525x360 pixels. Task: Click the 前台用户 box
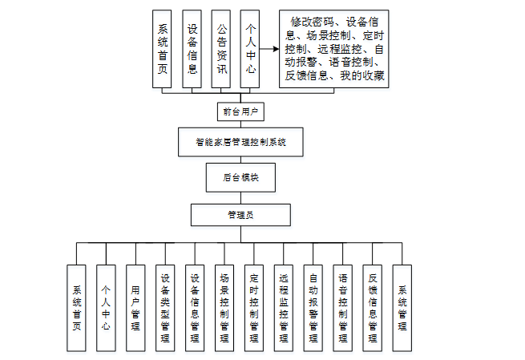tap(240, 111)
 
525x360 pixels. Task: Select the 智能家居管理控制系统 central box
tap(240, 143)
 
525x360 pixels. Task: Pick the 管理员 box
tap(240, 215)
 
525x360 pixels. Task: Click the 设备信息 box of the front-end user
tap(192, 48)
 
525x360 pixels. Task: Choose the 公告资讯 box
tap(222, 48)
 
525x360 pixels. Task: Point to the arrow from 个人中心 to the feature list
tap(270, 49)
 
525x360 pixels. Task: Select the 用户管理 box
tap(135, 308)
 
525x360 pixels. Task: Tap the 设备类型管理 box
tap(165, 308)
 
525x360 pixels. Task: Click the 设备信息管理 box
tap(195, 308)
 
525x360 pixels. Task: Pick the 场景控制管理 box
tap(224, 308)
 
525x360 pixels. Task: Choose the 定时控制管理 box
tap(254, 308)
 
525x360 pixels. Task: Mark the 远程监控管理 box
tap(284, 308)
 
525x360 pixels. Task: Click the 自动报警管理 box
tap(313, 308)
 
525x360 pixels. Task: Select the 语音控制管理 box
tap(343, 308)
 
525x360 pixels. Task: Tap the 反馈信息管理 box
tap(373, 308)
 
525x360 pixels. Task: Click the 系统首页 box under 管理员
tap(76, 308)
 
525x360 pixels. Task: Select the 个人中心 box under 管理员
tap(106, 308)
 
